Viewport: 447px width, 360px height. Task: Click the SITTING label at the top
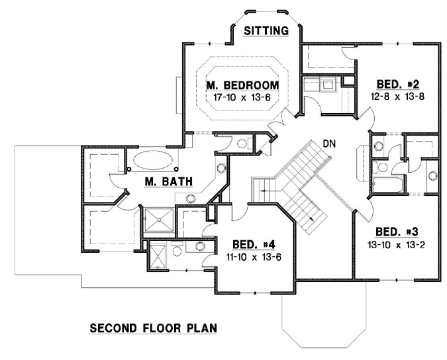(x=266, y=30)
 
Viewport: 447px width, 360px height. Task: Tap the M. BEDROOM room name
(x=242, y=85)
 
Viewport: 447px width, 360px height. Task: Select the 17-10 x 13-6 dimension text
(x=242, y=97)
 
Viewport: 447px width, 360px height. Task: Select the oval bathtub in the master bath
(x=152, y=160)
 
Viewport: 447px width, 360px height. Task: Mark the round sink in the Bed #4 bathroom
(x=200, y=246)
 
